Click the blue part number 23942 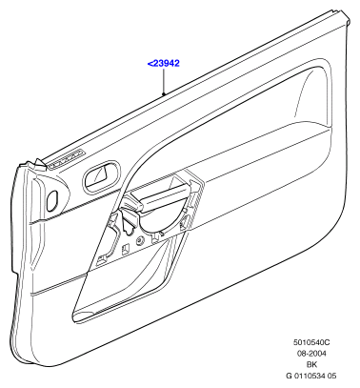click(167, 63)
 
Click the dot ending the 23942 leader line click(164, 93)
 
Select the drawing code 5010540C click(311, 342)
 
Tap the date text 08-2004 click(311, 354)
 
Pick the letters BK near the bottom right click(311, 364)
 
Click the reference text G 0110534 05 click(311, 376)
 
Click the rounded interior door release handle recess click(102, 176)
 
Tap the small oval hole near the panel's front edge click(52, 201)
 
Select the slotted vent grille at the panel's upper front click(68, 159)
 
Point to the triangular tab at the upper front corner click(40, 164)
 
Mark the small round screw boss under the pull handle click(139, 241)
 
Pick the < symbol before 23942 click(150, 64)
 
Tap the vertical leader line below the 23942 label click(164, 80)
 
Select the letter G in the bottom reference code click(289, 376)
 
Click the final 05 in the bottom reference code click(332, 376)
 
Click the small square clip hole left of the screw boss click(126, 249)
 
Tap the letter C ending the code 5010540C click(328, 342)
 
